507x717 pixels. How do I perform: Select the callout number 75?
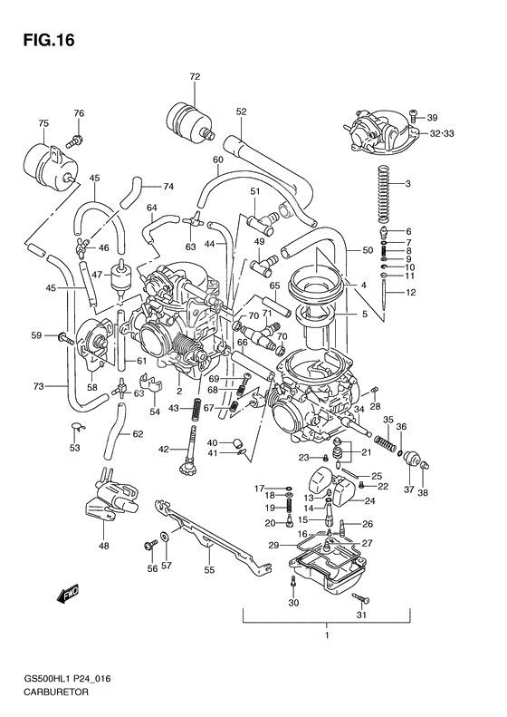(x=43, y=122)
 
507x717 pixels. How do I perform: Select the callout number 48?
(x=104, y=546)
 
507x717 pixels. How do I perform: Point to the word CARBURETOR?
(x=47, y=691)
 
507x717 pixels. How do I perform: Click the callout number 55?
(x=208, y=571)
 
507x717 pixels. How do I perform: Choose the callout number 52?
(x=241, y=112)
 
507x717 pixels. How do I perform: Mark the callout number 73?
(x=38, y=387)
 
